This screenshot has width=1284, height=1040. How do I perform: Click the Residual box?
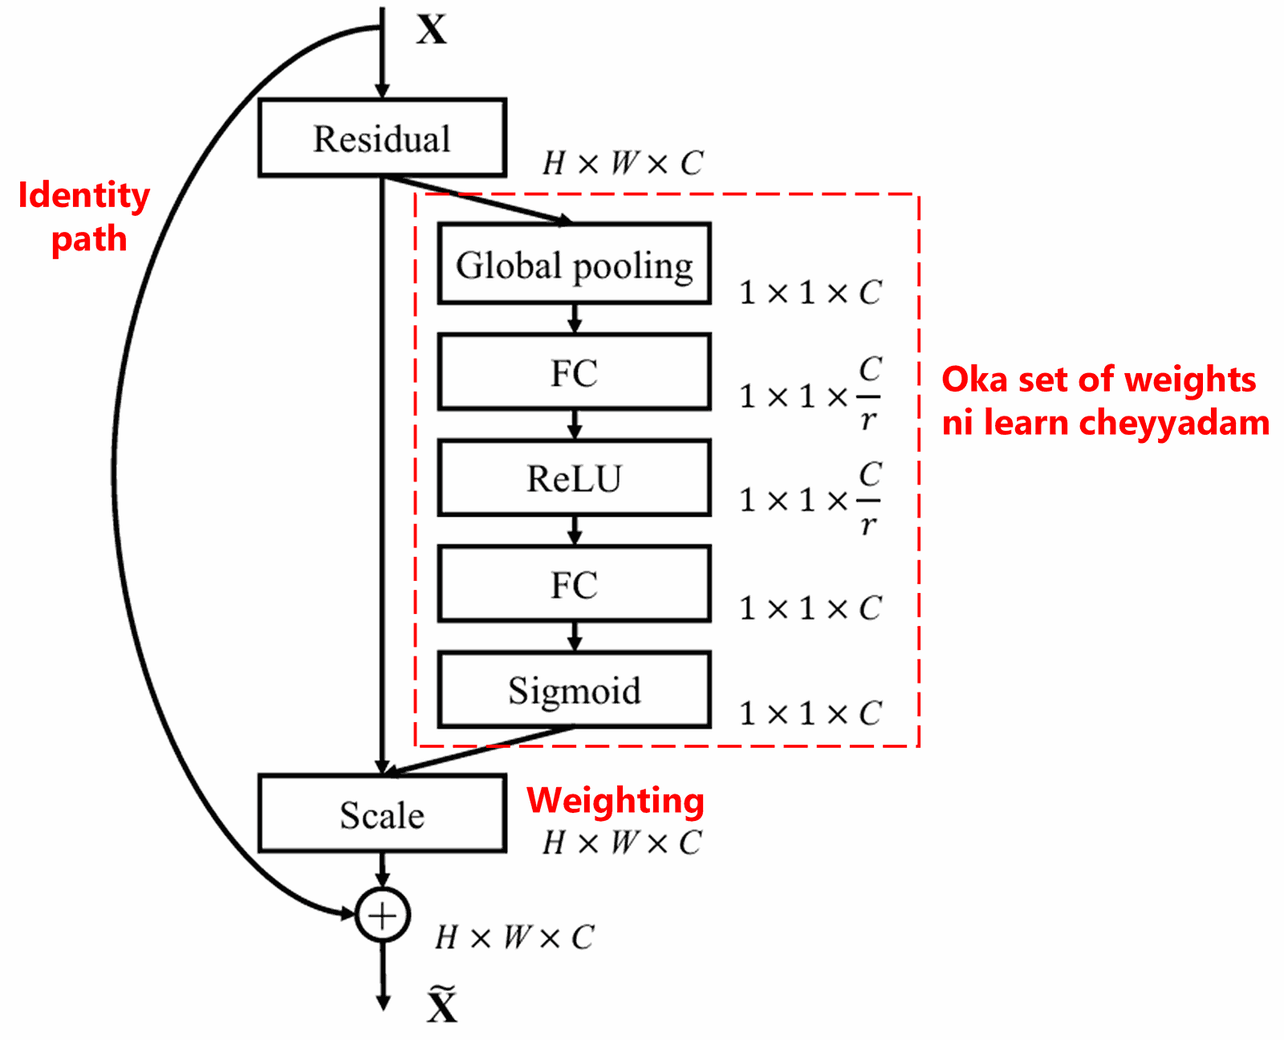382,138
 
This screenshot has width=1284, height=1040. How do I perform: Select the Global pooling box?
575,265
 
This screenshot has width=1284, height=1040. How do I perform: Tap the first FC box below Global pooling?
575,372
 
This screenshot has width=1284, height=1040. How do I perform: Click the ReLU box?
575,478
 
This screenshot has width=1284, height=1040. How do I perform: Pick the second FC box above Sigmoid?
575,584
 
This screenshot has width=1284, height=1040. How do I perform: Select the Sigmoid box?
575,690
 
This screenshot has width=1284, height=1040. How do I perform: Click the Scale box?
382,815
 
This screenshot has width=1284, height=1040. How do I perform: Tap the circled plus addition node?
383,915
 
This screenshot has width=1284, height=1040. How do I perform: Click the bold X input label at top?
432,30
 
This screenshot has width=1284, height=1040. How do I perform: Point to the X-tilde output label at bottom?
441,1005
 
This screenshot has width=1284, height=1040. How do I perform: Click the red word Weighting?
616,800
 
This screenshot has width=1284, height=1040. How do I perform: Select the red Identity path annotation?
85,217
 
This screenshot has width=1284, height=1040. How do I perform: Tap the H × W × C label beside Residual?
623,164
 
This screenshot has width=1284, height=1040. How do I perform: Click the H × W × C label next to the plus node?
514,937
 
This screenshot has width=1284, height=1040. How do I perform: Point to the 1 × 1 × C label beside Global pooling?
810,293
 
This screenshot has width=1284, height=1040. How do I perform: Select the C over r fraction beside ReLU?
870,499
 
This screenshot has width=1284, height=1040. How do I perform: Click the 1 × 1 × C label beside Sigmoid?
810,713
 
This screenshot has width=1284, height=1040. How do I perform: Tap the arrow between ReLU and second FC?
575,530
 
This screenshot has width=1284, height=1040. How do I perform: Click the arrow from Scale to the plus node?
383,869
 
